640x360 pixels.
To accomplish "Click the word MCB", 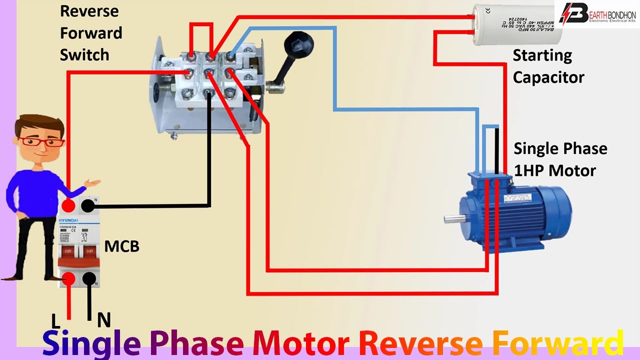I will click(121, 246).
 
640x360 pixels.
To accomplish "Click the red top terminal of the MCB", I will click(68, 205).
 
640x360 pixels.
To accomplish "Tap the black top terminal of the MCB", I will click(88, 205).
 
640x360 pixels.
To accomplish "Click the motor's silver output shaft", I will click(452, 218).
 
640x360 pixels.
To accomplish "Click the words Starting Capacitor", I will click(548, 66).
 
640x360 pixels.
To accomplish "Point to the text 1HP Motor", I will click(555, 170).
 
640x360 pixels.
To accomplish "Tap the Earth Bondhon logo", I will click(597, 14).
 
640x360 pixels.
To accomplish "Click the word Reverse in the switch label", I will click(89, 11).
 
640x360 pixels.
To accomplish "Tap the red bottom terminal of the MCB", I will click(68, 279).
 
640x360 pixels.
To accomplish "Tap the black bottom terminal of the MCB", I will click(89, 279).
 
